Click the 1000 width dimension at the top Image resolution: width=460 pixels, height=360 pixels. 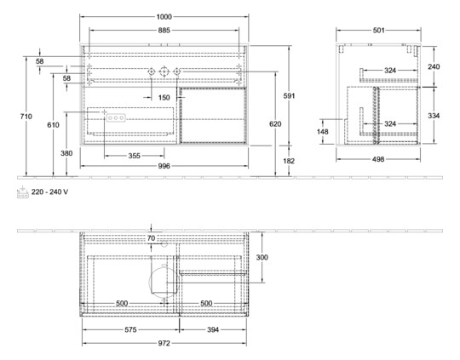164,17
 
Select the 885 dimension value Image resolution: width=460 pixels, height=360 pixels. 164,30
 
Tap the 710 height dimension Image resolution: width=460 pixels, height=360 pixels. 26,117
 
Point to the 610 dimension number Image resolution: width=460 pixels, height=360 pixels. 53,125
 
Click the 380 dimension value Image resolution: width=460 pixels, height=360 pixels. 66,153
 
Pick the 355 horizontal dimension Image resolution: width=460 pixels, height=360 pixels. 134,156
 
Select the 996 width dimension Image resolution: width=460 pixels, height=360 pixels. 164,166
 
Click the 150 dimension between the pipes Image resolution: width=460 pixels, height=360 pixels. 164,97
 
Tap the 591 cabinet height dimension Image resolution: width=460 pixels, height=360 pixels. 289,95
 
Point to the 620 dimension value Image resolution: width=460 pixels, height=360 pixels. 275,124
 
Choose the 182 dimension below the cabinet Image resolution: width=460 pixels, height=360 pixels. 289,161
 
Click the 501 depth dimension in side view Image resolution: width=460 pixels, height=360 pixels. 378,30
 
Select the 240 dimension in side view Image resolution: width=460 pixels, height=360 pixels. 434,67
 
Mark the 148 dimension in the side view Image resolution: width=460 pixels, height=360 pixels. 322,132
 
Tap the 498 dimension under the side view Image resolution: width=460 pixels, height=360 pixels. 378,159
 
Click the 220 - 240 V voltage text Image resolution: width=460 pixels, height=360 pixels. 50,191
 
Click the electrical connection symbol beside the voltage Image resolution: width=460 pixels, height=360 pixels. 23,191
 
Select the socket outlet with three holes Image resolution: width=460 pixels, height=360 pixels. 116,117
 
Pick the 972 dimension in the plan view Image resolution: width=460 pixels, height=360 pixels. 164,343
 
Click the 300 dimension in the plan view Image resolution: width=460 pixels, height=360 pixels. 262,257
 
